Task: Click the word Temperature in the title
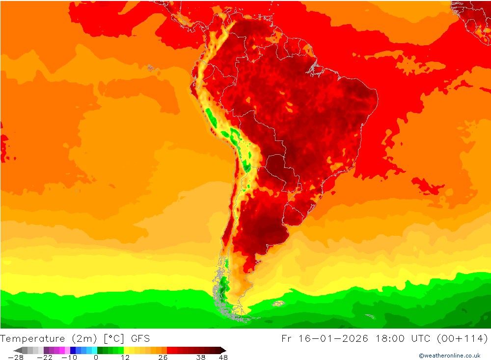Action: (x=33, y=338)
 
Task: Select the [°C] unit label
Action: (x=114, y=338)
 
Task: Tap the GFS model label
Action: (x=140, y=338)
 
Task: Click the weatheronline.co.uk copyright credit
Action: (x=450, y=356)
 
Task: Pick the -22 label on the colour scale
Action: (x=45, y=358)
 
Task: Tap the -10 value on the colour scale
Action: (x=69, y=358)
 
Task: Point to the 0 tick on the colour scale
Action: (x=96, y=358)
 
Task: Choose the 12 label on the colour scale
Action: (x=125, y=358)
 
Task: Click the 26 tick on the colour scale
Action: (x=163, y=358)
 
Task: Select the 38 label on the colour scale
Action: (x=201, y=358)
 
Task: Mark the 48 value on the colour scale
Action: (x=223, y=358)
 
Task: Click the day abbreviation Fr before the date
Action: (x=287, y=338)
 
